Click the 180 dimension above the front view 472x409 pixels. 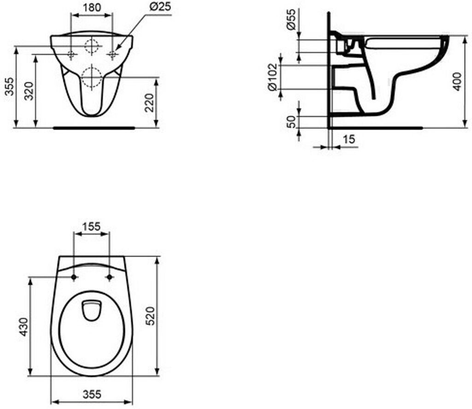pyautogui.click(x=92, y=7)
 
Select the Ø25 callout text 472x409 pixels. pyautogui.click(x=160, y=6)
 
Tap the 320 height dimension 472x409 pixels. pyautogui.click(x=29, y=91)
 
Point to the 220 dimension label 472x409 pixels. pyautogui.click(x=149, y=103)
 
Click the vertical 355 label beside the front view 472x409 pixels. pyautogui.click(x=10, y=86)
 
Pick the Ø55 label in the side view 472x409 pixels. pyautogui.click(x=291, y=19)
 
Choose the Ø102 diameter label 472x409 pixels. pyautogui.click(x=272, y=77)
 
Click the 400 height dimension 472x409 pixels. pyautogui.click(x=457, y=81)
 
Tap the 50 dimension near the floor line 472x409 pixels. pyautogui.click(x=291, y=122)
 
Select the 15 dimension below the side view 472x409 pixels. pyautogui.click(x=349, y=139)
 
